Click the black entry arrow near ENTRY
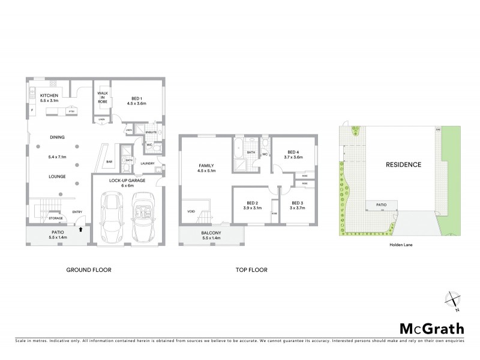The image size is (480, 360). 80,228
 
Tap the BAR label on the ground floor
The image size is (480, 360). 110,162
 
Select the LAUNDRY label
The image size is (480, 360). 148,164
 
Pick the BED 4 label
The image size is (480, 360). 293,152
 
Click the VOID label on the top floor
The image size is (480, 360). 191,211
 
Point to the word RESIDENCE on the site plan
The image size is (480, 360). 403,164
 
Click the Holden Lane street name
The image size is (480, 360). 398,245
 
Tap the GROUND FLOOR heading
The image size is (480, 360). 89,270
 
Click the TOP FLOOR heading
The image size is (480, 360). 251,270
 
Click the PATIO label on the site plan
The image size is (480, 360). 382,205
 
